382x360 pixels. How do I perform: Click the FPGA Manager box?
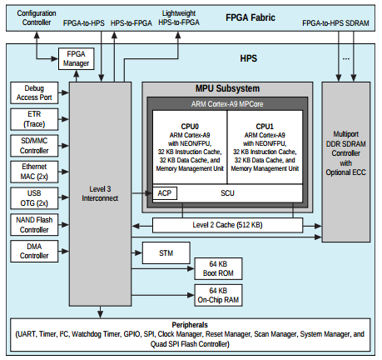[77, 58]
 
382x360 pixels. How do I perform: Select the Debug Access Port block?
[34, 92]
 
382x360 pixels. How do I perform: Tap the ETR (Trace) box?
[34, 119]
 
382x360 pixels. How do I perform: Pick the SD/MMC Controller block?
[34, 146]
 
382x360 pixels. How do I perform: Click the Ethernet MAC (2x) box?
[34, 172]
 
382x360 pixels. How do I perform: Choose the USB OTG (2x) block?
[34, 198]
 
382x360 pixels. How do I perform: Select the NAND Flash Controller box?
[34, 225]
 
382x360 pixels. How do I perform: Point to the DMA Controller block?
[34, 251]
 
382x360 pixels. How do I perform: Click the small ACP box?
[165, 193]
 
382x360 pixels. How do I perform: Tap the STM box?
[166, 252]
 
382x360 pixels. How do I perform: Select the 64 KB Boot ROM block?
[218, 268]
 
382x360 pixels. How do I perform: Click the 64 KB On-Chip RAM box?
[218, 295]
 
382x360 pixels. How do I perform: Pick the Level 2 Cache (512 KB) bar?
[227, 225]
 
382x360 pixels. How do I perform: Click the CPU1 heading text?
[265, 127]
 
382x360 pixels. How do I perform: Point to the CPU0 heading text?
[190, 127]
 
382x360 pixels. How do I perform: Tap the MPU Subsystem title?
[227, 88]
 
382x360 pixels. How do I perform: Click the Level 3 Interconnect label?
[100, 193]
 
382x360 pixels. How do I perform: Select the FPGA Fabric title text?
[251, 17]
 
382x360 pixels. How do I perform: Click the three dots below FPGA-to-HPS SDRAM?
[346, 58]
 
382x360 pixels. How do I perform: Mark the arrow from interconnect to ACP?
[141, 193]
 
